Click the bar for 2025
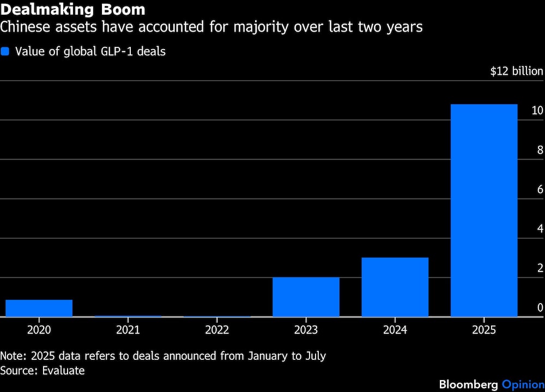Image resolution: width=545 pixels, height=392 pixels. point(484,210)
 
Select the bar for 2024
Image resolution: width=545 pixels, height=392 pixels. point(395,287)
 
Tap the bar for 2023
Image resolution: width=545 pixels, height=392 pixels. point(306,297)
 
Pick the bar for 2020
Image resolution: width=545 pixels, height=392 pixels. point(39,308)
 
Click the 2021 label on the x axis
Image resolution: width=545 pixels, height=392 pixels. point(128,330)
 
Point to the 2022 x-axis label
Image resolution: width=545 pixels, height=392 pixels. point(217,330)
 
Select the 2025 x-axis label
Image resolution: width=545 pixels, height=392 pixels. point(484,330)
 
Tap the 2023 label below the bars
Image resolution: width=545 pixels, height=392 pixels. point(306,330)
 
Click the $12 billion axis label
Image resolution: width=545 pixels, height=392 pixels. point(516,71)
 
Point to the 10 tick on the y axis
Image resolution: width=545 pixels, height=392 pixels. point(537,111)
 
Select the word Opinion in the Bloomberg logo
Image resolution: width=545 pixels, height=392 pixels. point(523,384)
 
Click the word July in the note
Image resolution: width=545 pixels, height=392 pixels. point(314,356)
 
